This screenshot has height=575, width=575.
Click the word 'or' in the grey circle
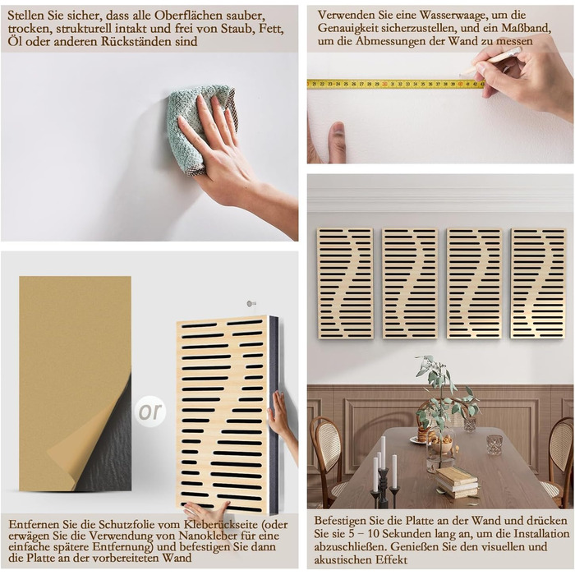click(150, 412)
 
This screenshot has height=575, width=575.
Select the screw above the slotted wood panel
click(251, 304)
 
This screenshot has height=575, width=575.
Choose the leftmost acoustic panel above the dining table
click(345, 283)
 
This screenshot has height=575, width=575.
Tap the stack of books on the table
click(457, 481)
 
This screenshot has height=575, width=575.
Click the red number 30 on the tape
click(384, 84)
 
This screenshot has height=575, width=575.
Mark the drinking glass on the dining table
click(494, 444)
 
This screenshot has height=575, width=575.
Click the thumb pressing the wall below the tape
click(338, 141)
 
